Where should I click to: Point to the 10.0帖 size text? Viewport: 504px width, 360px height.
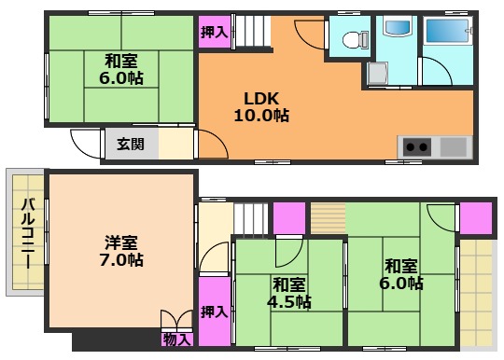[x=261, y=117]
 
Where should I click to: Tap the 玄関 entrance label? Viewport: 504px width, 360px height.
[x=130, y=144]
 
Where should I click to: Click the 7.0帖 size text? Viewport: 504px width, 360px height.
[x=122, y=260]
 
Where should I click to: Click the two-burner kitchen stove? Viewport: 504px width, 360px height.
[x=417, y=146]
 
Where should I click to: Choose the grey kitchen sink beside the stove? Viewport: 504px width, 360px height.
[x=453, y=146]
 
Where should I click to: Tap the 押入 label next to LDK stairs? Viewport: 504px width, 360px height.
[x=214, y=32]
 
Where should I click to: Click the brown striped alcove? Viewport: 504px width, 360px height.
[x=327, y=216]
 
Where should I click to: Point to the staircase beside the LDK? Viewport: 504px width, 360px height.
[x=249, y=35]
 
